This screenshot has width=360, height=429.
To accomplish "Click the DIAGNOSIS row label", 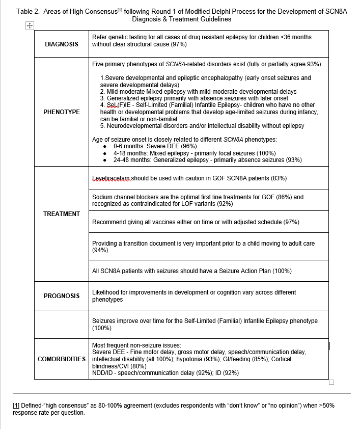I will (62, 44).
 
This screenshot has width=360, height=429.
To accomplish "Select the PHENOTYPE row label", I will (62, 112).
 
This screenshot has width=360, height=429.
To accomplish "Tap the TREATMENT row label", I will (62, 214).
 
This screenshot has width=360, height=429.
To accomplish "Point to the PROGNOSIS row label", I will (62, 296).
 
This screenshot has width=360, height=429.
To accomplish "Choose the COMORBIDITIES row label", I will (62, 359).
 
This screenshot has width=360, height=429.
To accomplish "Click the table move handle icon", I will (29, 25).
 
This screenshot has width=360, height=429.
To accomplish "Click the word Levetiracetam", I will (111, 178).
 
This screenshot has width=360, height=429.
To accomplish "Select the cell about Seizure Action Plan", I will (192, 271).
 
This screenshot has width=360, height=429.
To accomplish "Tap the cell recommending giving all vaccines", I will (196, 222).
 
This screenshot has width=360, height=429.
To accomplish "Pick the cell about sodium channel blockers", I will (198, 200).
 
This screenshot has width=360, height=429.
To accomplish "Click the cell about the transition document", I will (203, 247).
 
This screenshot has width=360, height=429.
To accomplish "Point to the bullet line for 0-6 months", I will (155, 146).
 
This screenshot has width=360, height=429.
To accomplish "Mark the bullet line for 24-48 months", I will (207, 160).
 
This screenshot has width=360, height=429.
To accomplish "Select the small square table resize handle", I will (331, 383).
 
